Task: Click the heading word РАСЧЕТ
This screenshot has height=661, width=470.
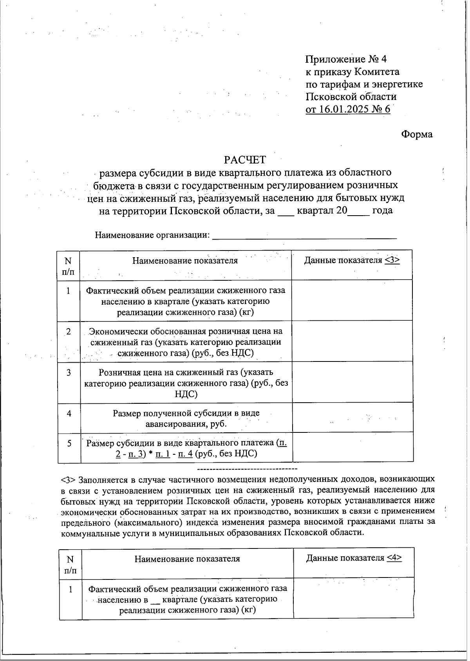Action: [245, 160]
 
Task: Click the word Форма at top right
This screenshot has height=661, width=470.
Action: [417, 134]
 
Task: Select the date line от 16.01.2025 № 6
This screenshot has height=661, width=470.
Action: [348, 109]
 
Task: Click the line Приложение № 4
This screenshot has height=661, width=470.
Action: [346, 59]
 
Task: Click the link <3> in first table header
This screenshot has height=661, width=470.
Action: [392, 260]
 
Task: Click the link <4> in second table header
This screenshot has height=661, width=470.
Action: [394, 558]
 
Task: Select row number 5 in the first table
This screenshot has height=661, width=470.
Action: [69, 443]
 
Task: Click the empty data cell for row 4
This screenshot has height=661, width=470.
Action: [352, 418]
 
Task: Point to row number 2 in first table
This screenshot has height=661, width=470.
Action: [69, 332]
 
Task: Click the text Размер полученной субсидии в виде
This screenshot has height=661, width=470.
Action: [186, 413]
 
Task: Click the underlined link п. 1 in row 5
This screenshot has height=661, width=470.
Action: [163, 454]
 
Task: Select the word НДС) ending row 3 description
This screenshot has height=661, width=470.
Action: [186, 394]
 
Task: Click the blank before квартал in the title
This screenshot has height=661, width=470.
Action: [286, 211]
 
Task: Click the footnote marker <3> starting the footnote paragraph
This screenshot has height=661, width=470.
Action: [69, 479]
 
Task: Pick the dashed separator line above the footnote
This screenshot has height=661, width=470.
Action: [247, 469]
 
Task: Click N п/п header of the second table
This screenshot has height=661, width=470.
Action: [70, 564]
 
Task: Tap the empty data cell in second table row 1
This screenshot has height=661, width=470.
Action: [354, 599]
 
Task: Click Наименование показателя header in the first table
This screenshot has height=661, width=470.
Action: [185, 261]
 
